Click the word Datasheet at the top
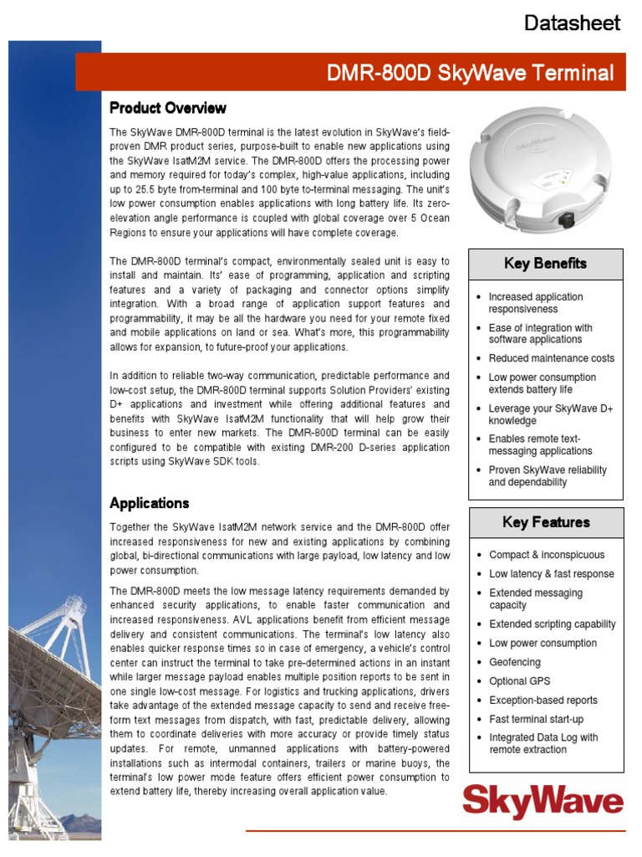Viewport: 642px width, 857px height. [572, 23]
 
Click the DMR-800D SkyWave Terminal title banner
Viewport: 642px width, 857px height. [470, 73]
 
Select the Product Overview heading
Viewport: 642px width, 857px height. [167, 108]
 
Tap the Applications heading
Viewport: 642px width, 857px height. [150, 503]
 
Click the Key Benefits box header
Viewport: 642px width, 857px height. [545, 264]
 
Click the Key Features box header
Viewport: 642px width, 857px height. [546, 522]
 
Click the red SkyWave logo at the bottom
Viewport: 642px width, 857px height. [543, 803]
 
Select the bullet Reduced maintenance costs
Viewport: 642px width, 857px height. [551, 358]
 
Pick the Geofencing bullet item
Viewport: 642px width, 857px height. [514, 662]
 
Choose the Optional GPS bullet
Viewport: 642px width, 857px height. [519, 681]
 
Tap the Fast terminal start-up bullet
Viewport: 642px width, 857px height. [536, 719]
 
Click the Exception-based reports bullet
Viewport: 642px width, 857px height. [543, 700]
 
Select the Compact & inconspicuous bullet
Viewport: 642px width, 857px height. [546, 555]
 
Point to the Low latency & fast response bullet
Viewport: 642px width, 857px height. [551, 574]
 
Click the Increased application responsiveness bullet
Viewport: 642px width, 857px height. [536, 303]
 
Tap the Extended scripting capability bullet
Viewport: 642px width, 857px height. [552, 624]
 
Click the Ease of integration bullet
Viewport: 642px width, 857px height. [540, 334]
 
